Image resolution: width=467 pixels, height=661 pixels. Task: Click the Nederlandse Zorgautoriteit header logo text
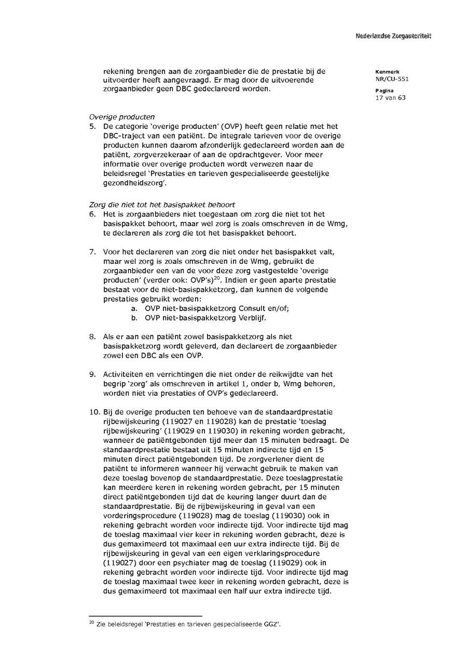click(x=393, y=36)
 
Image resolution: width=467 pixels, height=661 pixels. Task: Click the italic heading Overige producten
click(x=121, y=117)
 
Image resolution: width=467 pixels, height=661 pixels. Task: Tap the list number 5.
click(x=92, y=126)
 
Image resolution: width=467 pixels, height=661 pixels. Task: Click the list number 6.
click(x=92, y=214)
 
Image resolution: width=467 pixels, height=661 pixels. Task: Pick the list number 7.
click(x=92, y=252)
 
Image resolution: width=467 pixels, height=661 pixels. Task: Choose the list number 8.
click(x=92, y=337)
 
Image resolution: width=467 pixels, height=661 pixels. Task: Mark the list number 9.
click(x=92, y=374)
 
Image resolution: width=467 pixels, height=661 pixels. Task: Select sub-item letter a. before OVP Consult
click(x=134, y=308)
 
